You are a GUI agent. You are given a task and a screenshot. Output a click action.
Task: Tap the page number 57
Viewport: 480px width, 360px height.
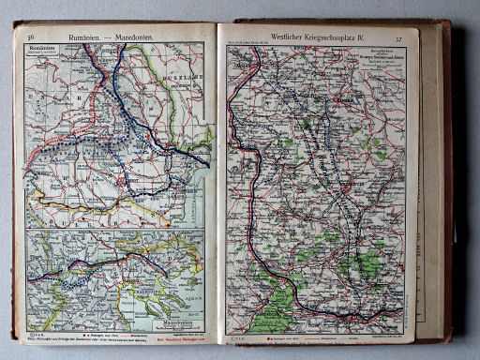click(x=399, y=39)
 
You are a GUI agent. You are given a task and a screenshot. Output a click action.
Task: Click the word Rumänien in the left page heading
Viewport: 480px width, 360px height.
click(x=92, y=37)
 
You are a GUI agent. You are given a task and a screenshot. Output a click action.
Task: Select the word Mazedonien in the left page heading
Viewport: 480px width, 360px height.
click(x=136, y=37)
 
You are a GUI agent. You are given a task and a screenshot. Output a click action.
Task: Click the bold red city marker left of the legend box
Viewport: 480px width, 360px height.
click(x=342, y=96)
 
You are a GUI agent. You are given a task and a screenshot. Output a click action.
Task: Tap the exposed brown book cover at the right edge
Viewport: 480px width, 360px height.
click(x=447, y=187)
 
